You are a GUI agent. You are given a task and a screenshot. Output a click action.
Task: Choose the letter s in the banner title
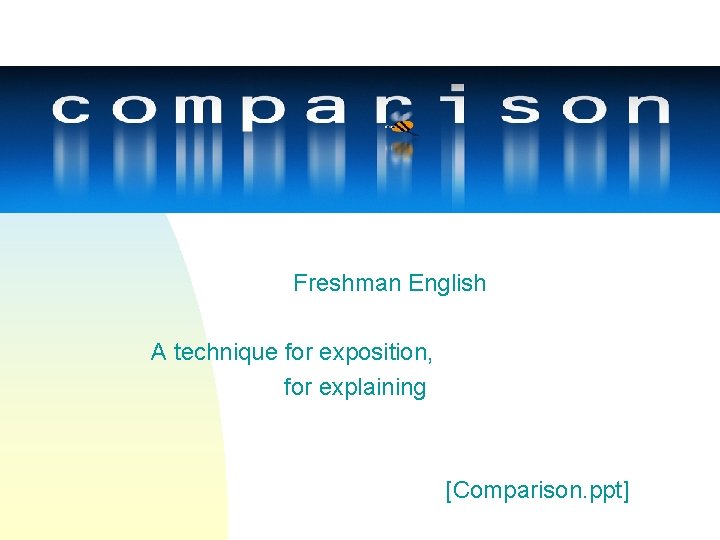pyautogui.click(x=519, y=108)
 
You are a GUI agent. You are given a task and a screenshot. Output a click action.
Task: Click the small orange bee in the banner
pyautogui.click(x=402, y=127)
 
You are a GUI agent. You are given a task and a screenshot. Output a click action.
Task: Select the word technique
pyautogui.click(x=226, y=352)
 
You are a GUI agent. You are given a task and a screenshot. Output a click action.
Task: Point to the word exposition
pyautogui.click(x=376, y=352)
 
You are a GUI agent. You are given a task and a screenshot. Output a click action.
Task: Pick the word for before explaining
pyautogui.click(x=297, y=387)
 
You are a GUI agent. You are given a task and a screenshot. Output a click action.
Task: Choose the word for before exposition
pyautogui.click(x=298, y=352)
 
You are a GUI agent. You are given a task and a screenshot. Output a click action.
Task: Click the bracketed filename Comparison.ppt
pyautogui.click(x=538, y=490)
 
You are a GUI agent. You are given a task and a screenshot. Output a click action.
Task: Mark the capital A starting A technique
pyautogui.click(x=158, y=352)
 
